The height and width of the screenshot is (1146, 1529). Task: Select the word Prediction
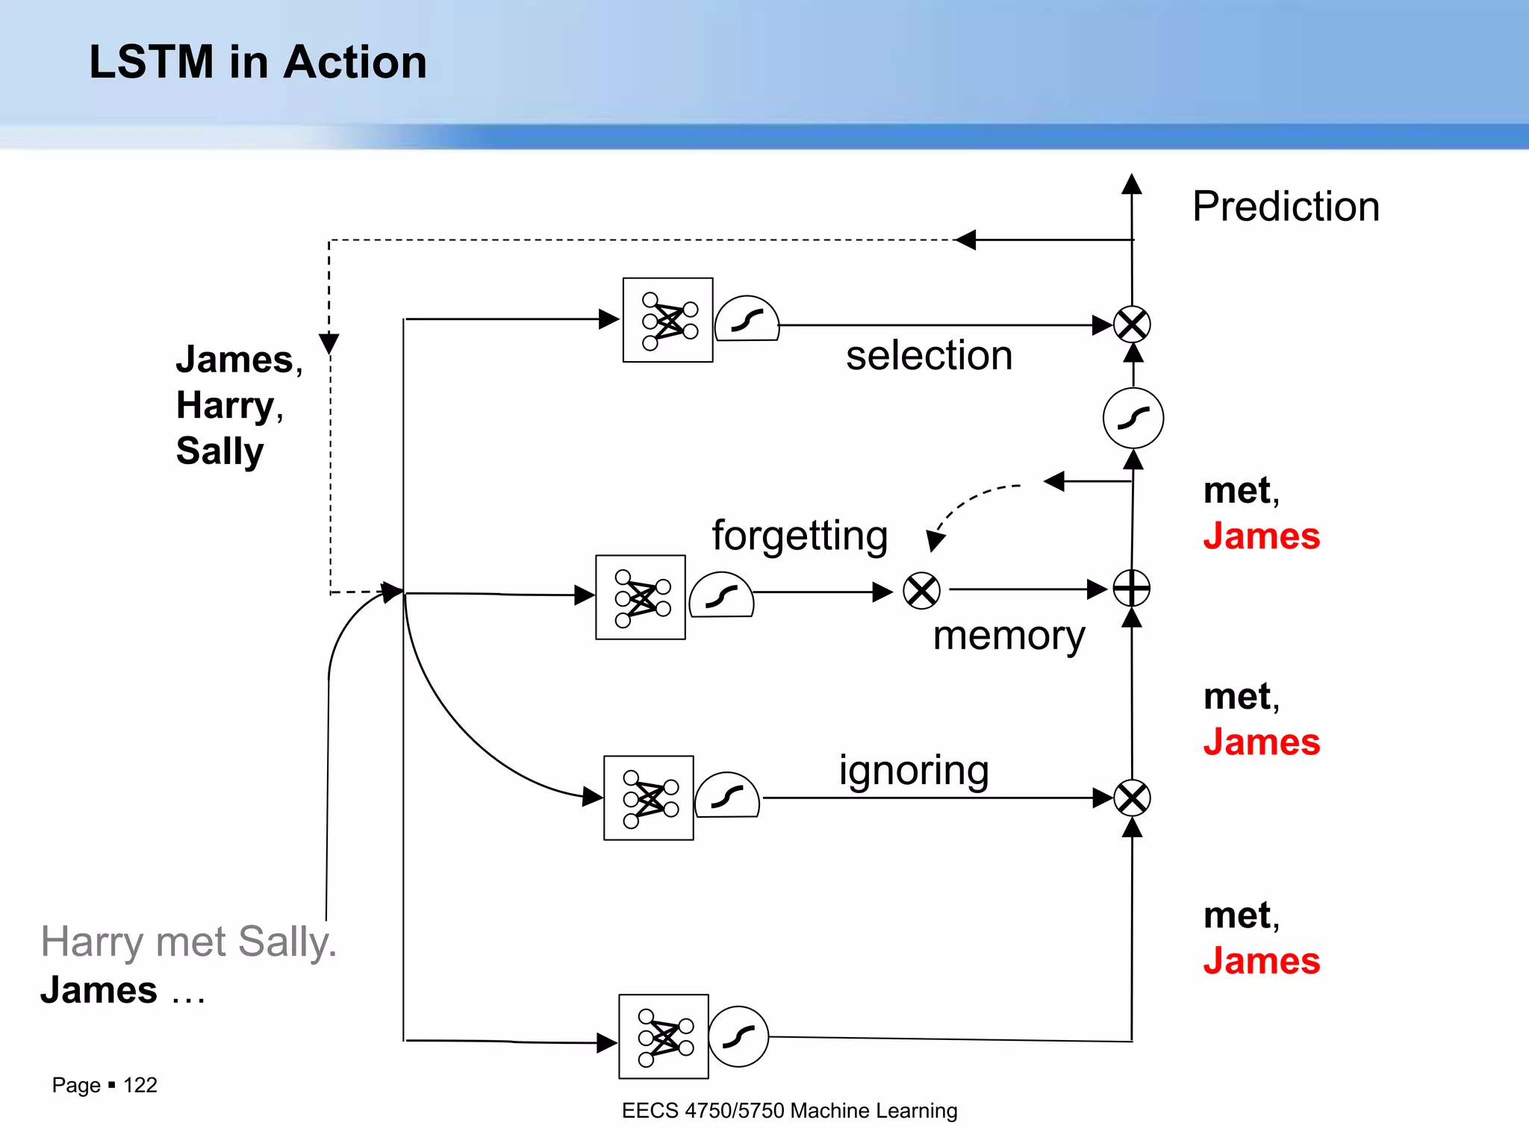1286,207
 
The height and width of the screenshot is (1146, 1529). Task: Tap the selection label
929,355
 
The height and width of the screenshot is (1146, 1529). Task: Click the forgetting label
800,536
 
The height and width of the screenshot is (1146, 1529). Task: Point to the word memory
1009,636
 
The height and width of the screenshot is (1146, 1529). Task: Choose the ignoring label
914,770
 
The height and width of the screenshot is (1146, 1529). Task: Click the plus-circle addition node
1132,589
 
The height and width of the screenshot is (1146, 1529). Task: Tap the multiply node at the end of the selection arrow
1132,325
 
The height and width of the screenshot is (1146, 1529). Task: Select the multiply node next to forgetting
921,591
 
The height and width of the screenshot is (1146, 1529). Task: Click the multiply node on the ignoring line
1132,798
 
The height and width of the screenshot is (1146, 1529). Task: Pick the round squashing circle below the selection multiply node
1133,418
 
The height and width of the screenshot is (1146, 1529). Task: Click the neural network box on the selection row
667,320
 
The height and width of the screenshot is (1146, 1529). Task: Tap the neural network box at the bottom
663,1036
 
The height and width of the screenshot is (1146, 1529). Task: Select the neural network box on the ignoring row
648,798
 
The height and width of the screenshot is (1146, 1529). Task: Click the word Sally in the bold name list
219,451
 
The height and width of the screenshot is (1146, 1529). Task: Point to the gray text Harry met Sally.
188,942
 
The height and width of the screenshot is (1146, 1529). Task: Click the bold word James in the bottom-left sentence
99,990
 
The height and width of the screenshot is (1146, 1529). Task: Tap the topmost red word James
1261,536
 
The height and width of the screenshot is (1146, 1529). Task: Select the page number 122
140,1085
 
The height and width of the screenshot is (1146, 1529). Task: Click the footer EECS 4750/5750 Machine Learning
789,1111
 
